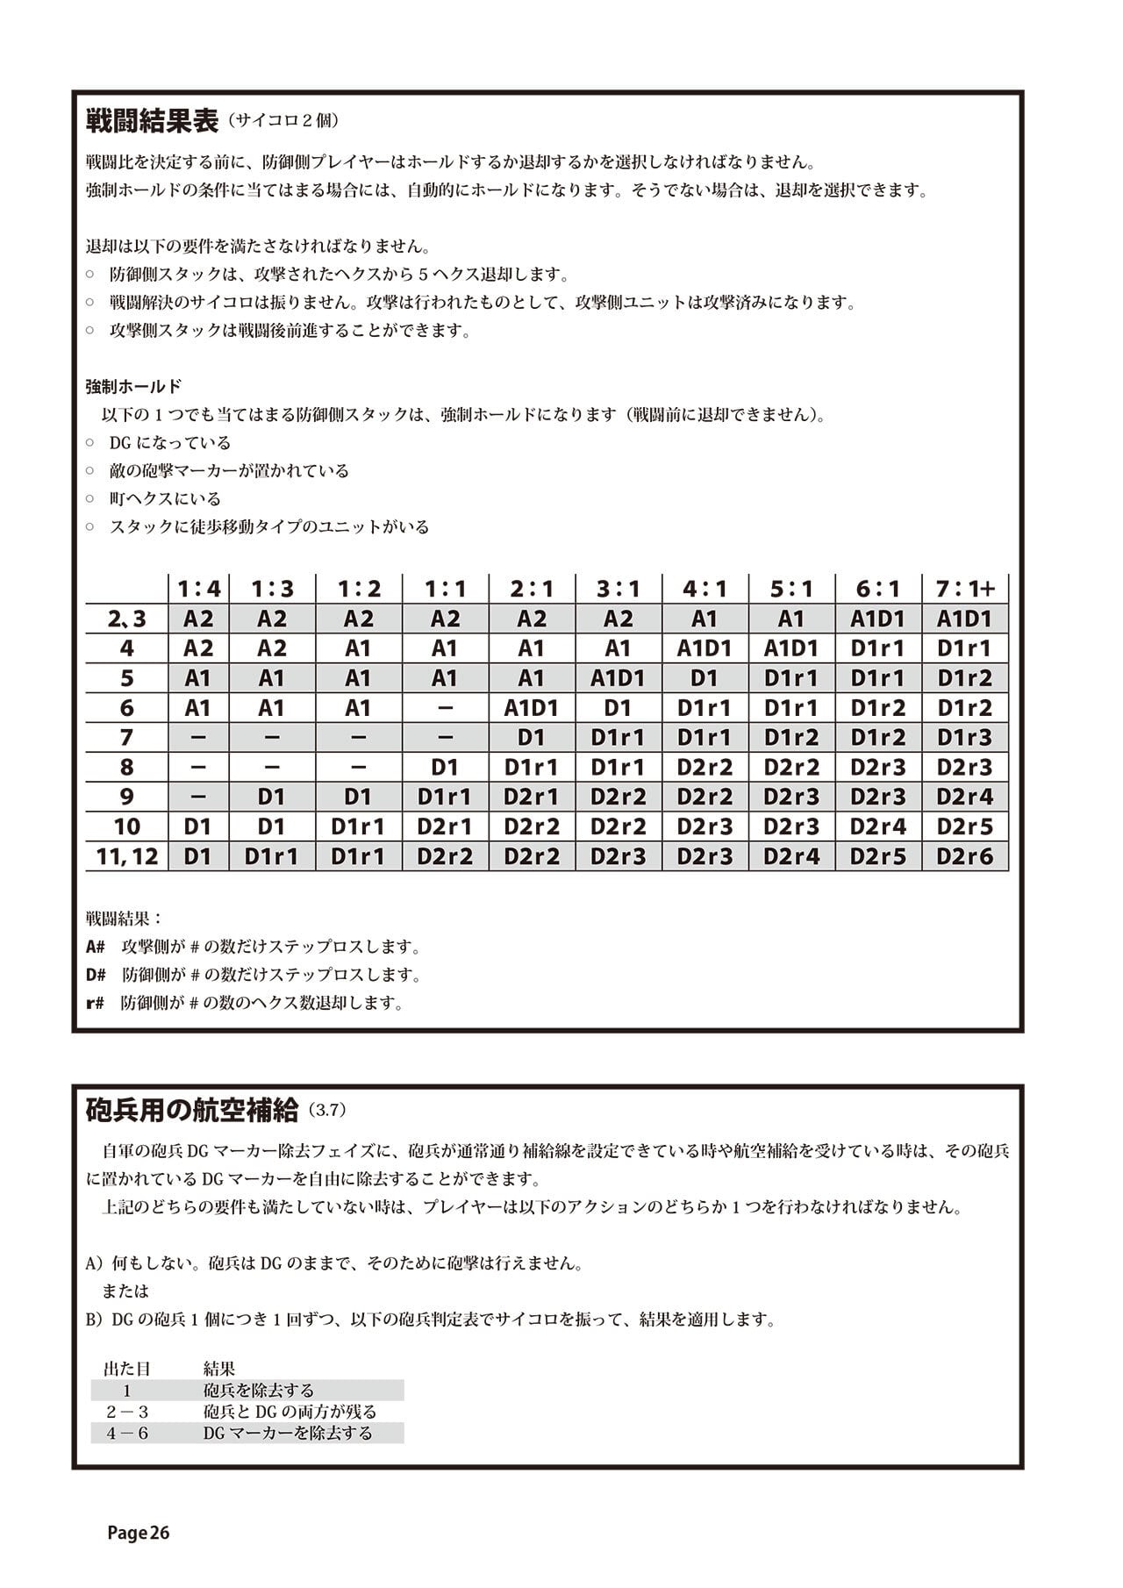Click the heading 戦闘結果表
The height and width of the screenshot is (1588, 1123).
(152, 121)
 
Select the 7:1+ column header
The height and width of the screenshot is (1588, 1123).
(965, 589)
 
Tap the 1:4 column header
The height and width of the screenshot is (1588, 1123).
(198, 589)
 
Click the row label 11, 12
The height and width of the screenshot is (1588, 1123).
(127, 856)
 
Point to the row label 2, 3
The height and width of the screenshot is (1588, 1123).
(127, 619)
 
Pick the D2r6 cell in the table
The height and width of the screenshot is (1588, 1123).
(965, 856)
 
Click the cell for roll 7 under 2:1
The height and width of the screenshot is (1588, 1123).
(532, 738)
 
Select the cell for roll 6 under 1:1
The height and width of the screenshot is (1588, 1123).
(445, 708)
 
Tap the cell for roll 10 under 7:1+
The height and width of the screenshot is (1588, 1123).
(965, 826)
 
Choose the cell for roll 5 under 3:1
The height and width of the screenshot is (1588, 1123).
(618, 678)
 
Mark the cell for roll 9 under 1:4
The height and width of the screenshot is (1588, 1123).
(198, 797)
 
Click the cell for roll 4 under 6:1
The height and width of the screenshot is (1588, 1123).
(878, 648)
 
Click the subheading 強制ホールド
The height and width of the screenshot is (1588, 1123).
(133, 386)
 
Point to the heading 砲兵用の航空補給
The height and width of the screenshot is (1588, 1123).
(192, 1111)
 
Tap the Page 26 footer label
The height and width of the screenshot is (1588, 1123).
(138, 1533)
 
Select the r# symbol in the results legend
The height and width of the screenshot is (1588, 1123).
(95, 1003)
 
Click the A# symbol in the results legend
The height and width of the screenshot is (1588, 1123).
(96, 948)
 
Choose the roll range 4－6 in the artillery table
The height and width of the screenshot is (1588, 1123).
(127, 1434)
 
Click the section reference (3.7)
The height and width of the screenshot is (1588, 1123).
(328, 1112)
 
